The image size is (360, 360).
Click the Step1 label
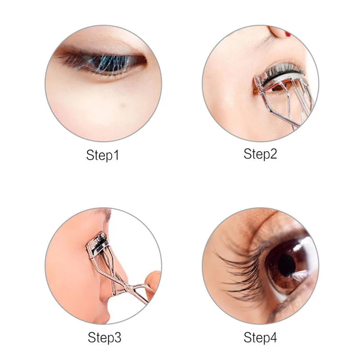[103, 156]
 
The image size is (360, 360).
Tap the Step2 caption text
[260, 154]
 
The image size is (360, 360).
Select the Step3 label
[104, 337]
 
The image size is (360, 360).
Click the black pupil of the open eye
[286, 265]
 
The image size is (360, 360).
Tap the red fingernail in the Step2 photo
[287, 33]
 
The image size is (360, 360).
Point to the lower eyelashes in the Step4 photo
[288, 306]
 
